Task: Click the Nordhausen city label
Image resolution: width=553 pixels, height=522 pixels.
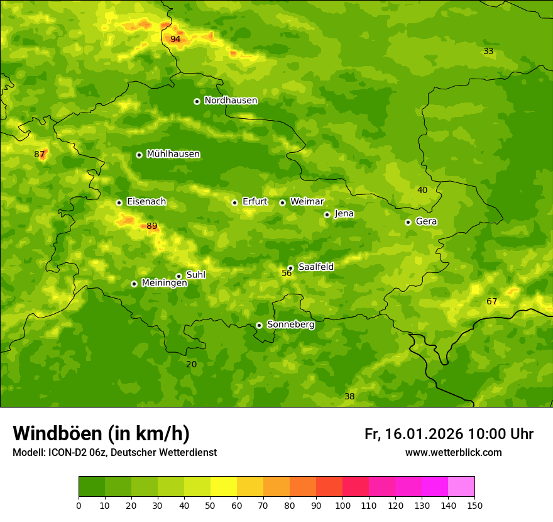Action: (231, 101)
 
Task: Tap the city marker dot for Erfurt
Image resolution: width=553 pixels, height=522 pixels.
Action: (234, 203)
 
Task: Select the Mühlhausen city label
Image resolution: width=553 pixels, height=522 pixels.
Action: (173, 154)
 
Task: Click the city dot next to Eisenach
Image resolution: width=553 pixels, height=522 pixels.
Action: (119, 203)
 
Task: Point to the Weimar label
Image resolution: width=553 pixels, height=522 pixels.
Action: (307, 202)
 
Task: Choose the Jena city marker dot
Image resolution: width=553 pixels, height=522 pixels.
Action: (327, 214)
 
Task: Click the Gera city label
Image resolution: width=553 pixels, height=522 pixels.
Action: (426, 221)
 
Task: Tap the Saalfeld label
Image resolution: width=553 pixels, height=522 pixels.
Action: (315, 267)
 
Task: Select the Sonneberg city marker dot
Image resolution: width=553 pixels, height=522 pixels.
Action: (259, 325)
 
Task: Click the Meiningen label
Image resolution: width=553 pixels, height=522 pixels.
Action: (164, 283)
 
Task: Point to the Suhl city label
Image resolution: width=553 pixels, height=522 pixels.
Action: (196, 275)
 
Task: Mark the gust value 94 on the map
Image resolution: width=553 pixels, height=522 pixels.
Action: (175, 39)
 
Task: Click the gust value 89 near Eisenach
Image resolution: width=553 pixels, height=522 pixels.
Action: (152, 226)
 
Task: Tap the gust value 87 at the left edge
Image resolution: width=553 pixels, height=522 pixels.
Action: (40, 154)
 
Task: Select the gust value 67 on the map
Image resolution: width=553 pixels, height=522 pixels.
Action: (491, 302)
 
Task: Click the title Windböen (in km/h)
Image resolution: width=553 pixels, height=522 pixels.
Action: (101, 433)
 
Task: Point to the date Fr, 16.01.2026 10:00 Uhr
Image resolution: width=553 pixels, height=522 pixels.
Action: (449, 434)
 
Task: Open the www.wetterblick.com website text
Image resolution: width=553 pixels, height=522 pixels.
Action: (453, 453)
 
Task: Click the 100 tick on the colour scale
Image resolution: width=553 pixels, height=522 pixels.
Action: (342, 505)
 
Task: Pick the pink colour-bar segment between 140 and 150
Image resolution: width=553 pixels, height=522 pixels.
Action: (461, 487)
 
